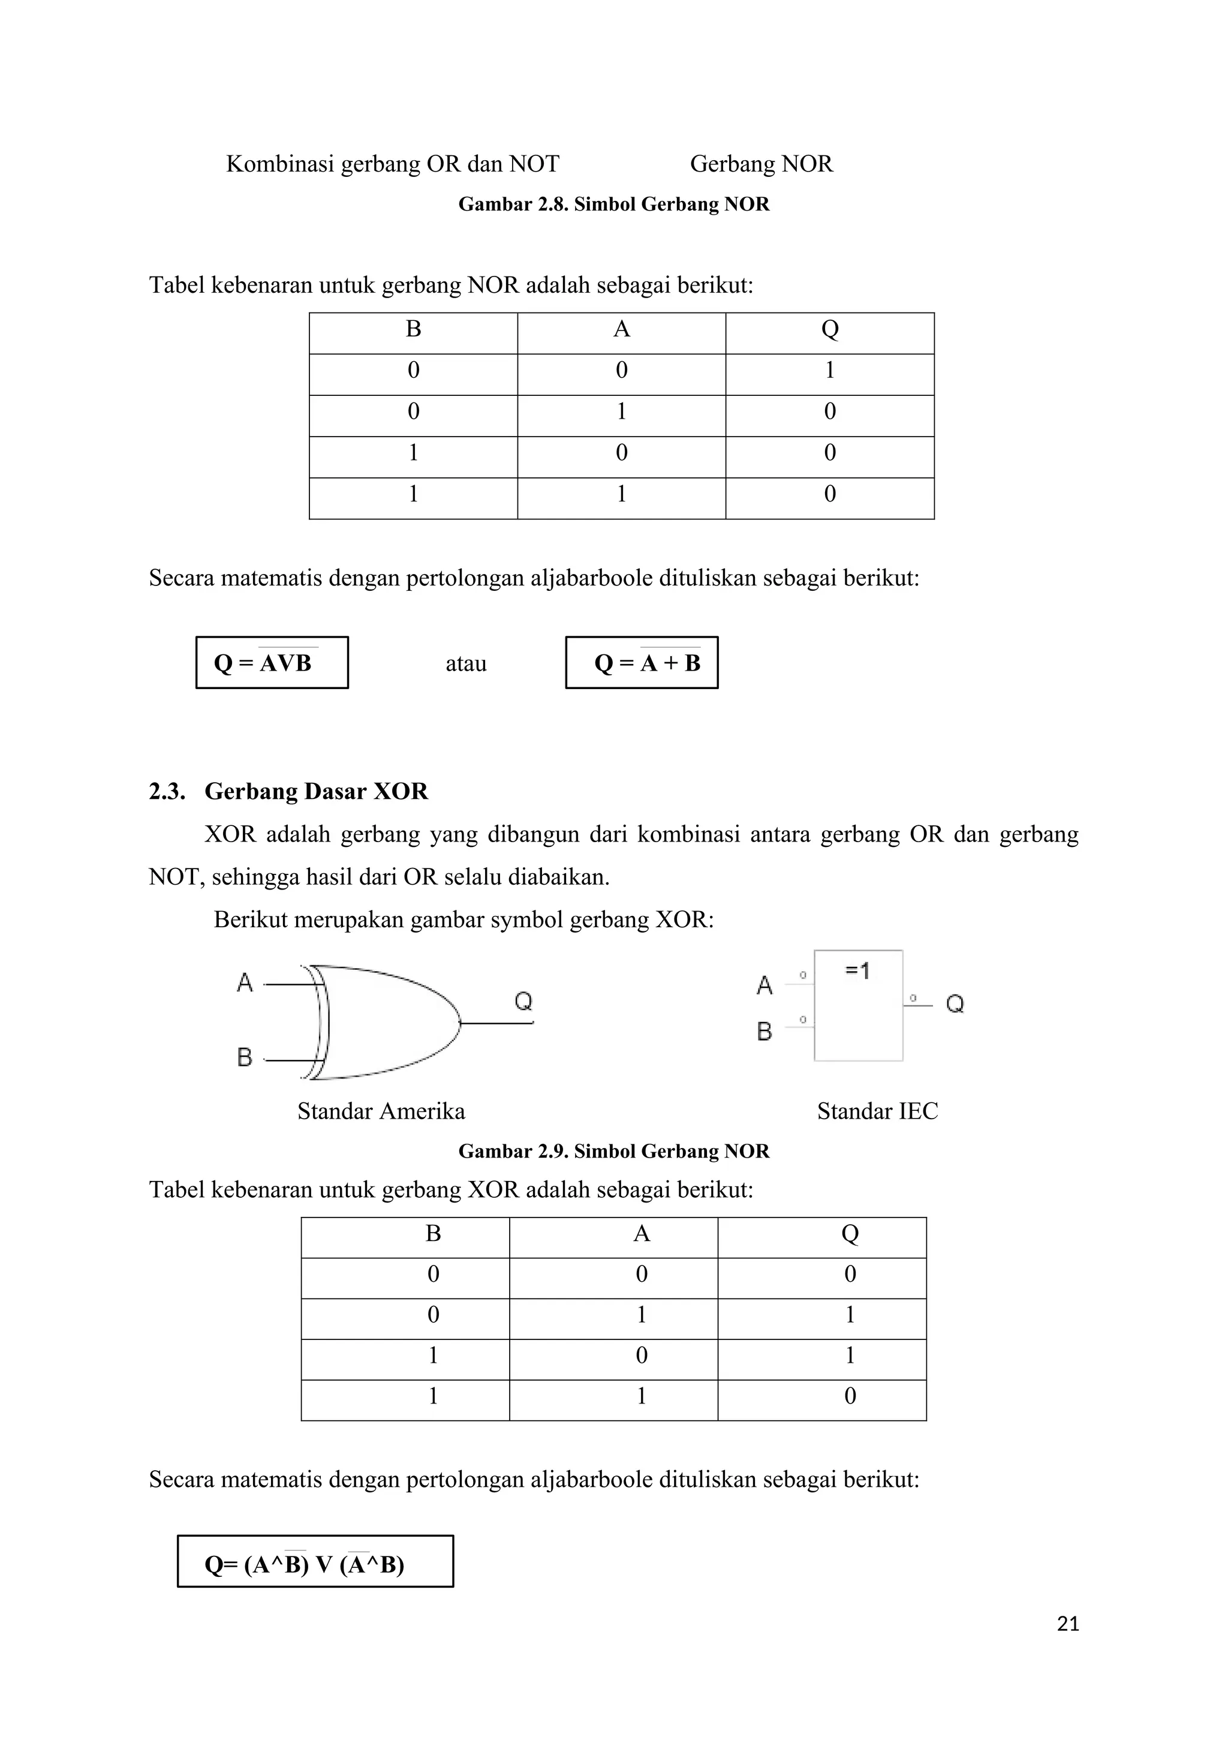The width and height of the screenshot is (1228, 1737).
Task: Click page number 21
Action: [1068, 1624]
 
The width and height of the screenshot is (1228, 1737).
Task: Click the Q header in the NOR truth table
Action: [829, 329]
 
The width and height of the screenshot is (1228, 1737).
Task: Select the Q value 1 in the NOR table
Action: [829, 371]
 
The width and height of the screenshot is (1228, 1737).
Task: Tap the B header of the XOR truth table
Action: [434, 1234]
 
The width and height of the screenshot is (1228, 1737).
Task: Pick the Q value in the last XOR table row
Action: [849, 1396]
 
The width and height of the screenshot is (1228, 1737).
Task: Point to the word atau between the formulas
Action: [466, 664]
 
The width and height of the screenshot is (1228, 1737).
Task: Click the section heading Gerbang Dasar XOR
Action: [316, 791]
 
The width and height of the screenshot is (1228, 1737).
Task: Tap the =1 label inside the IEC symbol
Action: [857, 970]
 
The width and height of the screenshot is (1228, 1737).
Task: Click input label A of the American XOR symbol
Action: [244, 982]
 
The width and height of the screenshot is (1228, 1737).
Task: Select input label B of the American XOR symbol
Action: [244, 1057]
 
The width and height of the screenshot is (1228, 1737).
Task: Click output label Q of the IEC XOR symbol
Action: [955, 1004]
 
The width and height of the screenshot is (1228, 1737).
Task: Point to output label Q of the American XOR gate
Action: [523, 1001]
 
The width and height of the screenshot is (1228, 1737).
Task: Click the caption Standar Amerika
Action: [381, 1111]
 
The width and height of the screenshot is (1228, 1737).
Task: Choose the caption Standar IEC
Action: [877, 1111]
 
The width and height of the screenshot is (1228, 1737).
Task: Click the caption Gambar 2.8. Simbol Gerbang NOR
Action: [614, 205]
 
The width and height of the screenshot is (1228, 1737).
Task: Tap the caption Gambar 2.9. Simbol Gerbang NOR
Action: [614, 1152]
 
